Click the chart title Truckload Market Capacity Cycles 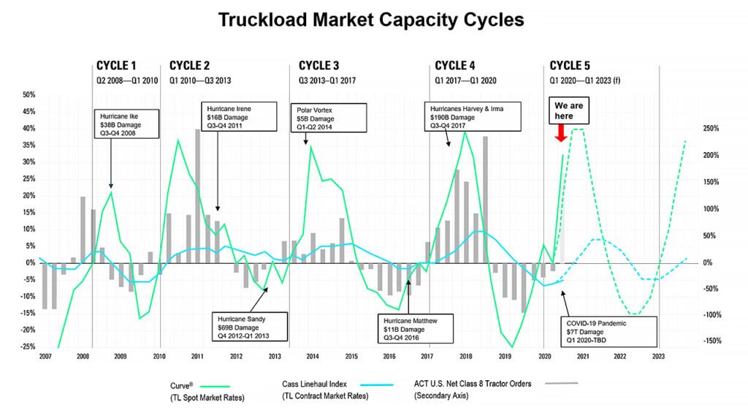pos(371,20)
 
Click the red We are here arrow pos(561,132)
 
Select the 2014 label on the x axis pos(312,356)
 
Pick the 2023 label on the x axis pos(659,356)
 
